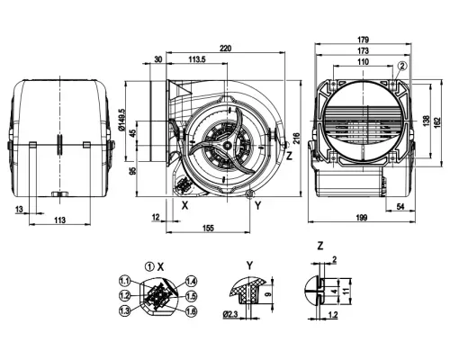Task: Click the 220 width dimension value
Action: pos(226,48)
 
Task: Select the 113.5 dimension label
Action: pos(197,59)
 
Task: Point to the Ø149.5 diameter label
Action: pos(121,120)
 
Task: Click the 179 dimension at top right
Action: pos(363,40)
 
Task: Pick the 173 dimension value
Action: pos(363,51)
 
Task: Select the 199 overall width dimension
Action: pos(363,218)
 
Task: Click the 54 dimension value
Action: pos(400,207)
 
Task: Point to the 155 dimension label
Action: pos(208,229)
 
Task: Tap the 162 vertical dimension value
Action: pos(437,121)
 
